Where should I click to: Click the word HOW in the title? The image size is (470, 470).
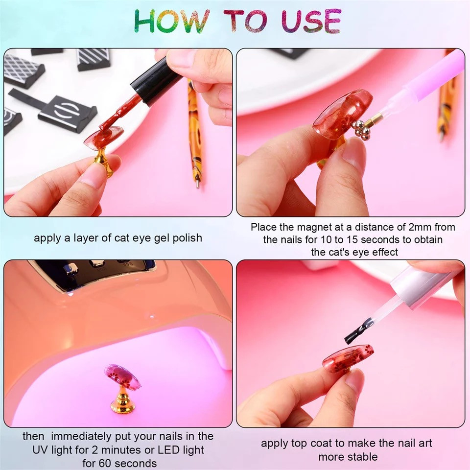[x=172, y=21]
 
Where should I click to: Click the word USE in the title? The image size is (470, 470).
[x=311, y=21]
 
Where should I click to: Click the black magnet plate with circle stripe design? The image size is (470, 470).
[x=68, y=113]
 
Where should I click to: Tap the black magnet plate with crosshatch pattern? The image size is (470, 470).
[x=23, y=71]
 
